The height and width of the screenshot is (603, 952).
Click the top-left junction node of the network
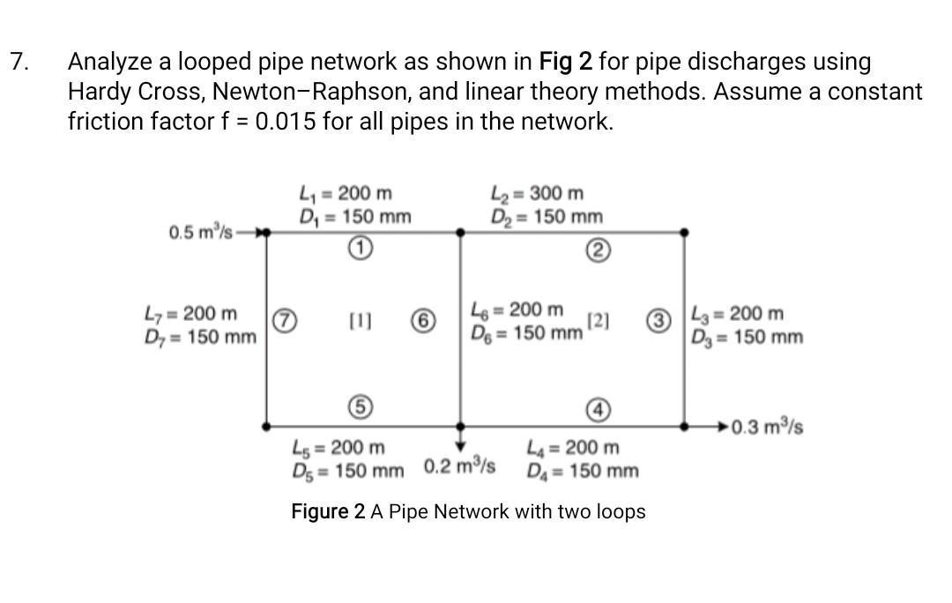(x=266, y=232)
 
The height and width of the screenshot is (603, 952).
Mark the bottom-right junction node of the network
(x=685, y=426)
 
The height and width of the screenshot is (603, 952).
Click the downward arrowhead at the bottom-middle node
(x=459, y=444)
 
